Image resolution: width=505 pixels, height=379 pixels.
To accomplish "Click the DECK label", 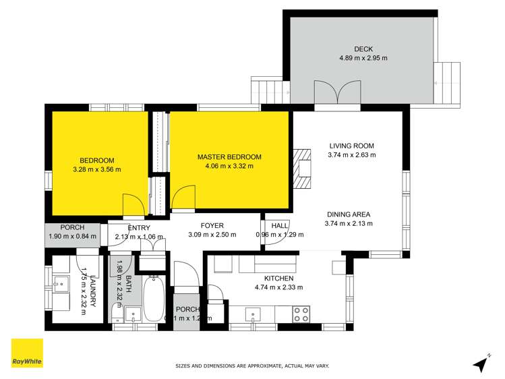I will click(x=363, y=49).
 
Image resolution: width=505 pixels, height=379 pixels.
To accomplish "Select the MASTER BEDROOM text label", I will click(x=229, y=157).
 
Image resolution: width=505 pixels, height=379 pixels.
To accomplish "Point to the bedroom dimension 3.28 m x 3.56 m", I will click(x=97, y=169).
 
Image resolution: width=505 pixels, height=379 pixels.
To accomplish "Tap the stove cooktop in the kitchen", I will click(x=300, y=314).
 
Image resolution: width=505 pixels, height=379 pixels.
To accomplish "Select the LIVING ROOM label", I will click(x=351, y=146).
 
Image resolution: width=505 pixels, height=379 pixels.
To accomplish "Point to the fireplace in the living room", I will click(x=304, y=166).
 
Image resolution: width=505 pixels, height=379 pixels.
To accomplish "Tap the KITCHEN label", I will click(x=278, y=278).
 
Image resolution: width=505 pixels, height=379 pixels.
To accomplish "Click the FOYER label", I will click(x=212, y=226).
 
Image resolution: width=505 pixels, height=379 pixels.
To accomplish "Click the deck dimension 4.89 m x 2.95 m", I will click(x=363, y=58).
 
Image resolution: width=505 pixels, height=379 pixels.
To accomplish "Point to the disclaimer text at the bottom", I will click(x=252, y=366).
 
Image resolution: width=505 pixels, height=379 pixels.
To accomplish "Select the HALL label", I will click(x=280, y=226).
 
